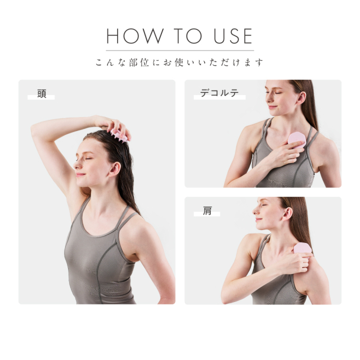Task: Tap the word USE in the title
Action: (x=233, y=36)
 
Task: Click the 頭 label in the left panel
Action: (x=42, y=94)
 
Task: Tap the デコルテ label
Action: (x=219, y=93)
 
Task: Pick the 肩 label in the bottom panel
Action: (x=207, y=210)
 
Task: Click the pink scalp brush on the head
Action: (x=119, y=135)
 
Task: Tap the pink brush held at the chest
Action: (x=296, y=140)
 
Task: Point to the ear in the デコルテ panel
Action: (x=301, y=98)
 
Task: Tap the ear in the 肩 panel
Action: (x=287, y=214)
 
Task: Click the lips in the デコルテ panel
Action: (x=272, y=107)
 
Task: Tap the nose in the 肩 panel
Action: (x=255, y=211)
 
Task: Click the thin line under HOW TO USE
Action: (x=180, y=50)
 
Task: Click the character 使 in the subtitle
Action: (x=179, y=62)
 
